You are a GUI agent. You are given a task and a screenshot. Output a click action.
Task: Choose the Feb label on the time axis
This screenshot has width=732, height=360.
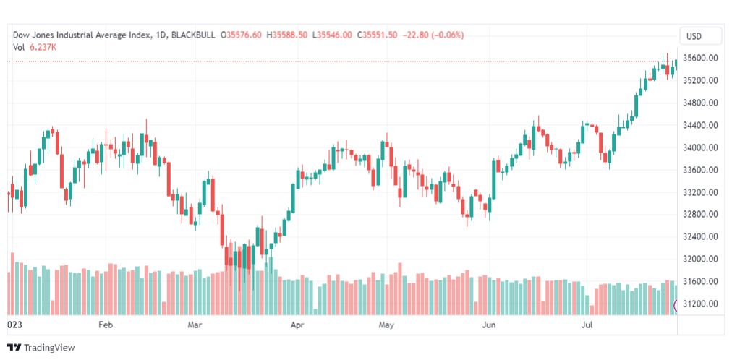106,325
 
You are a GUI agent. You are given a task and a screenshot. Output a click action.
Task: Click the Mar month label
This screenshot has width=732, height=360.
194,325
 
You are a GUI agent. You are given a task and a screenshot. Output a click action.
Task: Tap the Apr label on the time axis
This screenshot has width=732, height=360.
297,325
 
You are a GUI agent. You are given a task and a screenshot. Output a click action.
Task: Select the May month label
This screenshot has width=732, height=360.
387,325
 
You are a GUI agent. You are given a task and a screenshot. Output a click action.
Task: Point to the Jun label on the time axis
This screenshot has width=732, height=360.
489,325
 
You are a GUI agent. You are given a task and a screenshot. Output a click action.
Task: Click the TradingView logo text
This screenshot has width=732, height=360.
48,348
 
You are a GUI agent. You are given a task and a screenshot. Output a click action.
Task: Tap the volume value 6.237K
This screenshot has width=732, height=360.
43,47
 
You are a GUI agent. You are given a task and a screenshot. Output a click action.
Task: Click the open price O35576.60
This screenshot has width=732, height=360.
242,35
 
